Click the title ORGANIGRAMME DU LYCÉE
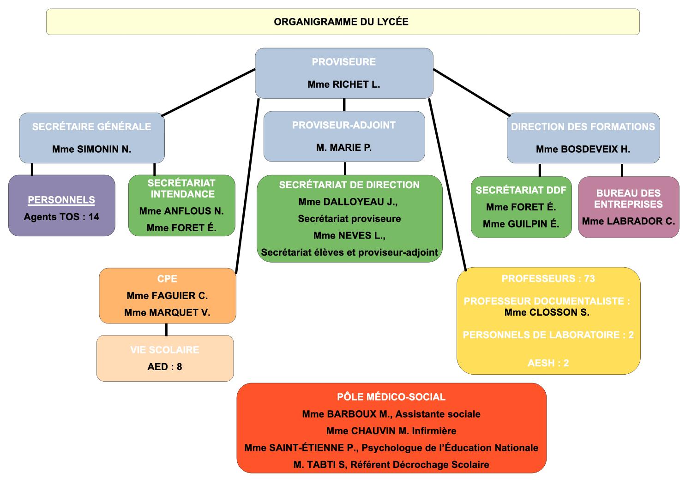341,22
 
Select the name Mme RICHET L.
343,84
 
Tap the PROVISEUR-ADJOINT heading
343,125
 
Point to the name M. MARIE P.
343,148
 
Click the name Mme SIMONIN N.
91,149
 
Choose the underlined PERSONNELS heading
61,200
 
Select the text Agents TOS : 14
61,217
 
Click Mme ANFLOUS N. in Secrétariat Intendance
181,211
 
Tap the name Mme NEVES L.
349,236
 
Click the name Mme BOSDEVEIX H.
583,150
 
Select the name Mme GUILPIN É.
521,224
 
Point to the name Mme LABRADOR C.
628,221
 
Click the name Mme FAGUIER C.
167,296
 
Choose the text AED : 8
165,367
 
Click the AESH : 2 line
548,363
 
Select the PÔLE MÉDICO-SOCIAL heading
391,397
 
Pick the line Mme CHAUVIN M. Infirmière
391,431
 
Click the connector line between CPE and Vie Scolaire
166,329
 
